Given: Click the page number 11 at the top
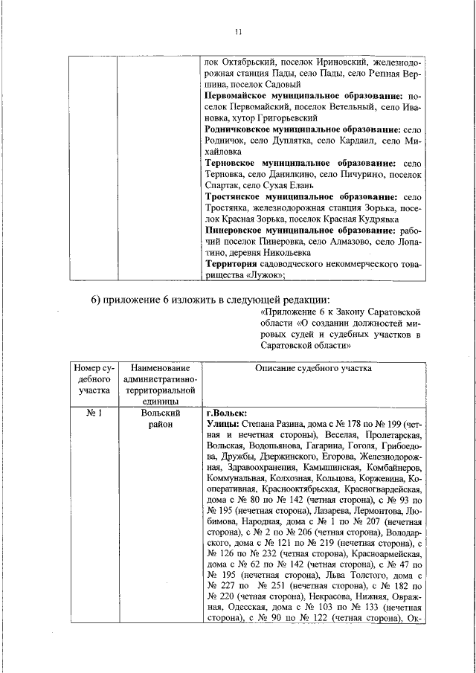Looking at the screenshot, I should tap(238, 32).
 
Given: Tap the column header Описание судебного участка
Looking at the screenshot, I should tap(313, 368).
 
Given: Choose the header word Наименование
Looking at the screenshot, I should tap(160, 368).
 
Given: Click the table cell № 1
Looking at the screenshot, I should tap(94, 413).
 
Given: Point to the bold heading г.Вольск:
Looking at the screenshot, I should tap(226, 413).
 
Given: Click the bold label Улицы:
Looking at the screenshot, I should tap(221, 425).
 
